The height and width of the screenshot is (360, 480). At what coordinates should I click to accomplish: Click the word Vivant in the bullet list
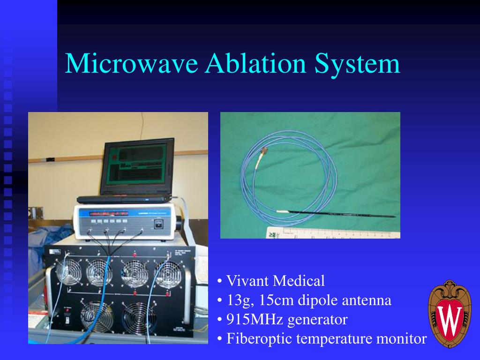[x=248, y=281]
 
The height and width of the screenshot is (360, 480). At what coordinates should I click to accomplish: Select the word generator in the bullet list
[x=317, y=320]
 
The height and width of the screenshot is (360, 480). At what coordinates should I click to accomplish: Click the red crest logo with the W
[x=449, y=315]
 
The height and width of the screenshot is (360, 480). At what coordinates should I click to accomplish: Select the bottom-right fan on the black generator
[x=140, y=317]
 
